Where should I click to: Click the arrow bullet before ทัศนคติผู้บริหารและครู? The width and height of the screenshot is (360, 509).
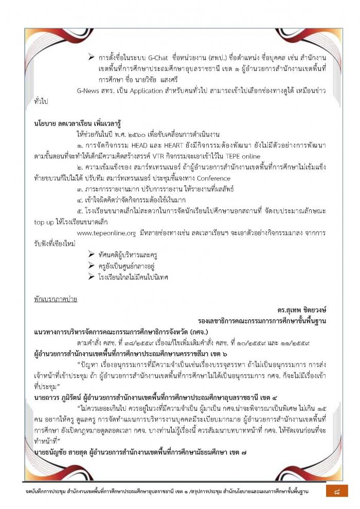(91, 254)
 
